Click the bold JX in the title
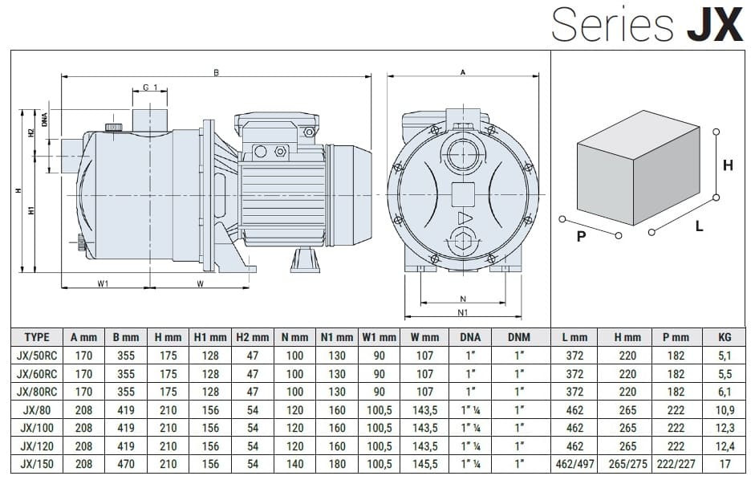tap(716, 24)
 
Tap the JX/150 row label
tap(37, 464)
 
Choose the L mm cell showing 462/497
tap(574, 464)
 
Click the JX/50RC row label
tap(37, 356)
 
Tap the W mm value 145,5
tap(425, 464)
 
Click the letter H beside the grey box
tap(728, 165)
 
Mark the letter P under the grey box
tap(581, 238)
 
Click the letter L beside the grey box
tap(700, 227)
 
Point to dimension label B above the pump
tap(216, 72)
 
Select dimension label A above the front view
tap(463, 72)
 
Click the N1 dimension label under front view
tap(463, 312)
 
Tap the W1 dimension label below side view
tap(104, 283)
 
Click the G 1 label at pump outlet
tap(150, 87)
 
